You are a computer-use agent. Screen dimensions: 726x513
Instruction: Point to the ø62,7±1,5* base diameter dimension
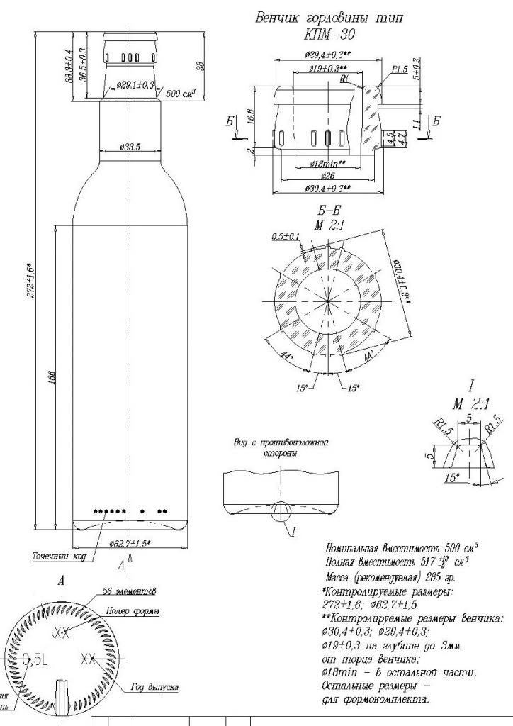click(x=130, y=544)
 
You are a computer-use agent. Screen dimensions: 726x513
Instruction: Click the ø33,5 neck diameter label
click(x=130, y=147)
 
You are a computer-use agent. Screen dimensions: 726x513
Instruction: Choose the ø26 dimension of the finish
click(x=328, y=176)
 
